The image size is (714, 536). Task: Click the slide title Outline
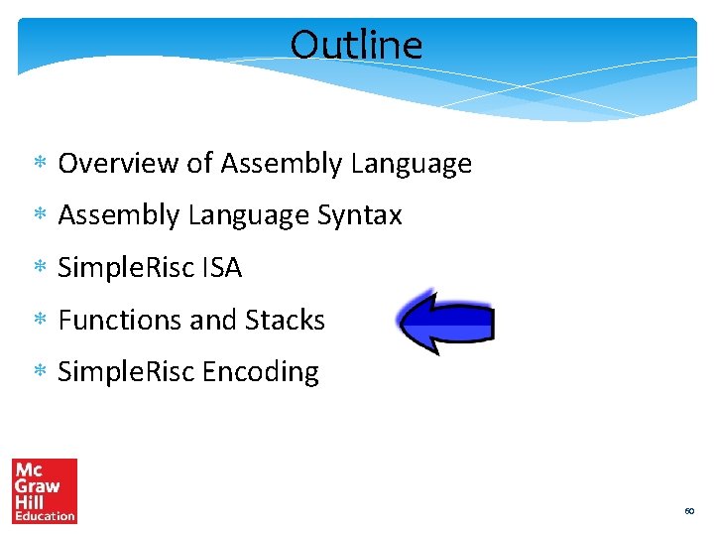356,45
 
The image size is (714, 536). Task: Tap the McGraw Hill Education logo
45,490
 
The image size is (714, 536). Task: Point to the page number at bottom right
689,511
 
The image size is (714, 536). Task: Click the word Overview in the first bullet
119,164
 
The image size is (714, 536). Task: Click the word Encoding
261,372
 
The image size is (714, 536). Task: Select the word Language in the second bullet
249,215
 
